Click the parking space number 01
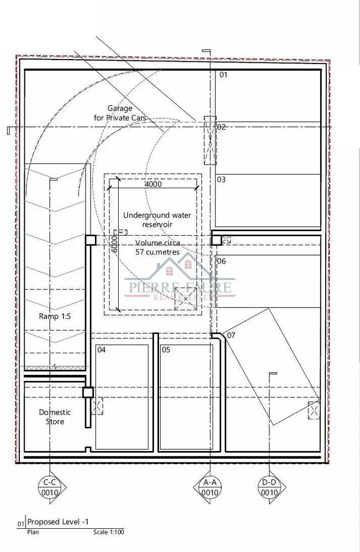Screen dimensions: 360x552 coord(224,75)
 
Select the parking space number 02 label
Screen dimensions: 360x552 coord(221,127)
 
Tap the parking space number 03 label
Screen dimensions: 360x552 coord(221,179)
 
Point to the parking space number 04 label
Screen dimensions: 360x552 coord(102,349)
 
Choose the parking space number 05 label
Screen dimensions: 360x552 coord(166,349)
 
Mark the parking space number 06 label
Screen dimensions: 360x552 coord(221,261)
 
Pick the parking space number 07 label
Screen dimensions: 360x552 coord(231,335)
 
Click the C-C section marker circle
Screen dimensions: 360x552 coord(50,487)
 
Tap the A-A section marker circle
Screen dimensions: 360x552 coord(210,487)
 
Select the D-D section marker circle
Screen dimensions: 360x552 coord(269,487)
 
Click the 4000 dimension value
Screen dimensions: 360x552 coord(153,184)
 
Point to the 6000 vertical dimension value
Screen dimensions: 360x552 coord(114,243)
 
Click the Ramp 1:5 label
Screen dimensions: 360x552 coord(55,316)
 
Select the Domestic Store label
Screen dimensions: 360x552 coord(55,417)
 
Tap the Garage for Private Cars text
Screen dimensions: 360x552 coord(120,113)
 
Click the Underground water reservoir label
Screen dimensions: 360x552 coord(157,220)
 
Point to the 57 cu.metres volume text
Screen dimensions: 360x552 coord(157,252)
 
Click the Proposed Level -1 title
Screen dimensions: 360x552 coord(58,522)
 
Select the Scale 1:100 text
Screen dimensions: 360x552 coord(108,532)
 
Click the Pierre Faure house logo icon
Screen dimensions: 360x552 coord(179,270)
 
